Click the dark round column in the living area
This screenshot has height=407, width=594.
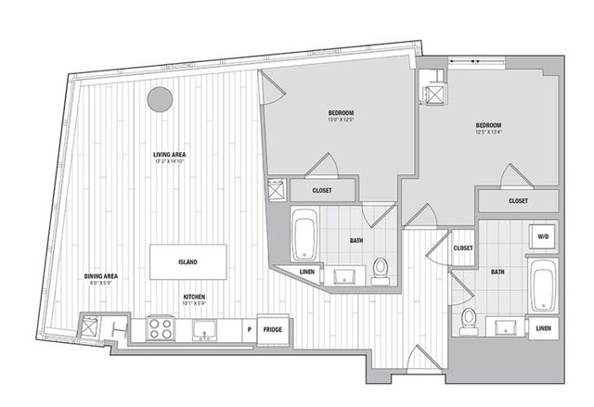161,97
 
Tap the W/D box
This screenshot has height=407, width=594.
542,237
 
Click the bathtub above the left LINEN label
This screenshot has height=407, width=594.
303,235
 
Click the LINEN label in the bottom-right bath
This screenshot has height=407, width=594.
543,327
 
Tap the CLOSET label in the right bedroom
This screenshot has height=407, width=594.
519,200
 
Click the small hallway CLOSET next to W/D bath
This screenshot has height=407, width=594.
463,248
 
